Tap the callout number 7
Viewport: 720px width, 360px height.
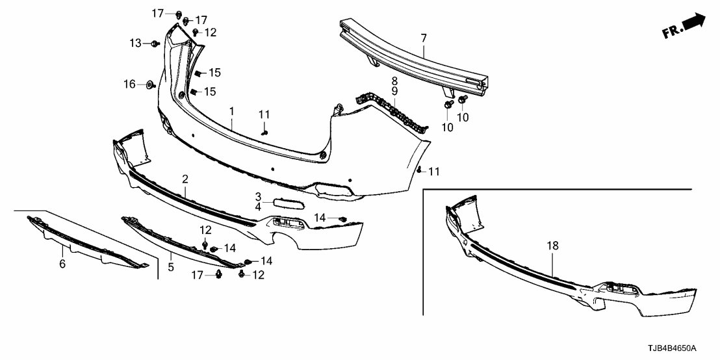tap(423, 38)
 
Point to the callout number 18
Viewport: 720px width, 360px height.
tap(552, 246)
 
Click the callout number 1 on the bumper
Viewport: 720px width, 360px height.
tap(231, 112)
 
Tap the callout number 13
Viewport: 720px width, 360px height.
tap(135, 43)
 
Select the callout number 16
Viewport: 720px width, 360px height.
tap(130, 84)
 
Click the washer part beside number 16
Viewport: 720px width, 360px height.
tap(149, 84)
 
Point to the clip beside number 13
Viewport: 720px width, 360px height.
tap(155, 44)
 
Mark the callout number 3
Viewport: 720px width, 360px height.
tap(258, 196)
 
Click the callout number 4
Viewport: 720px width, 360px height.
tap(258, 207)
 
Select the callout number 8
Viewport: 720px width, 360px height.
tap(394, 81)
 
